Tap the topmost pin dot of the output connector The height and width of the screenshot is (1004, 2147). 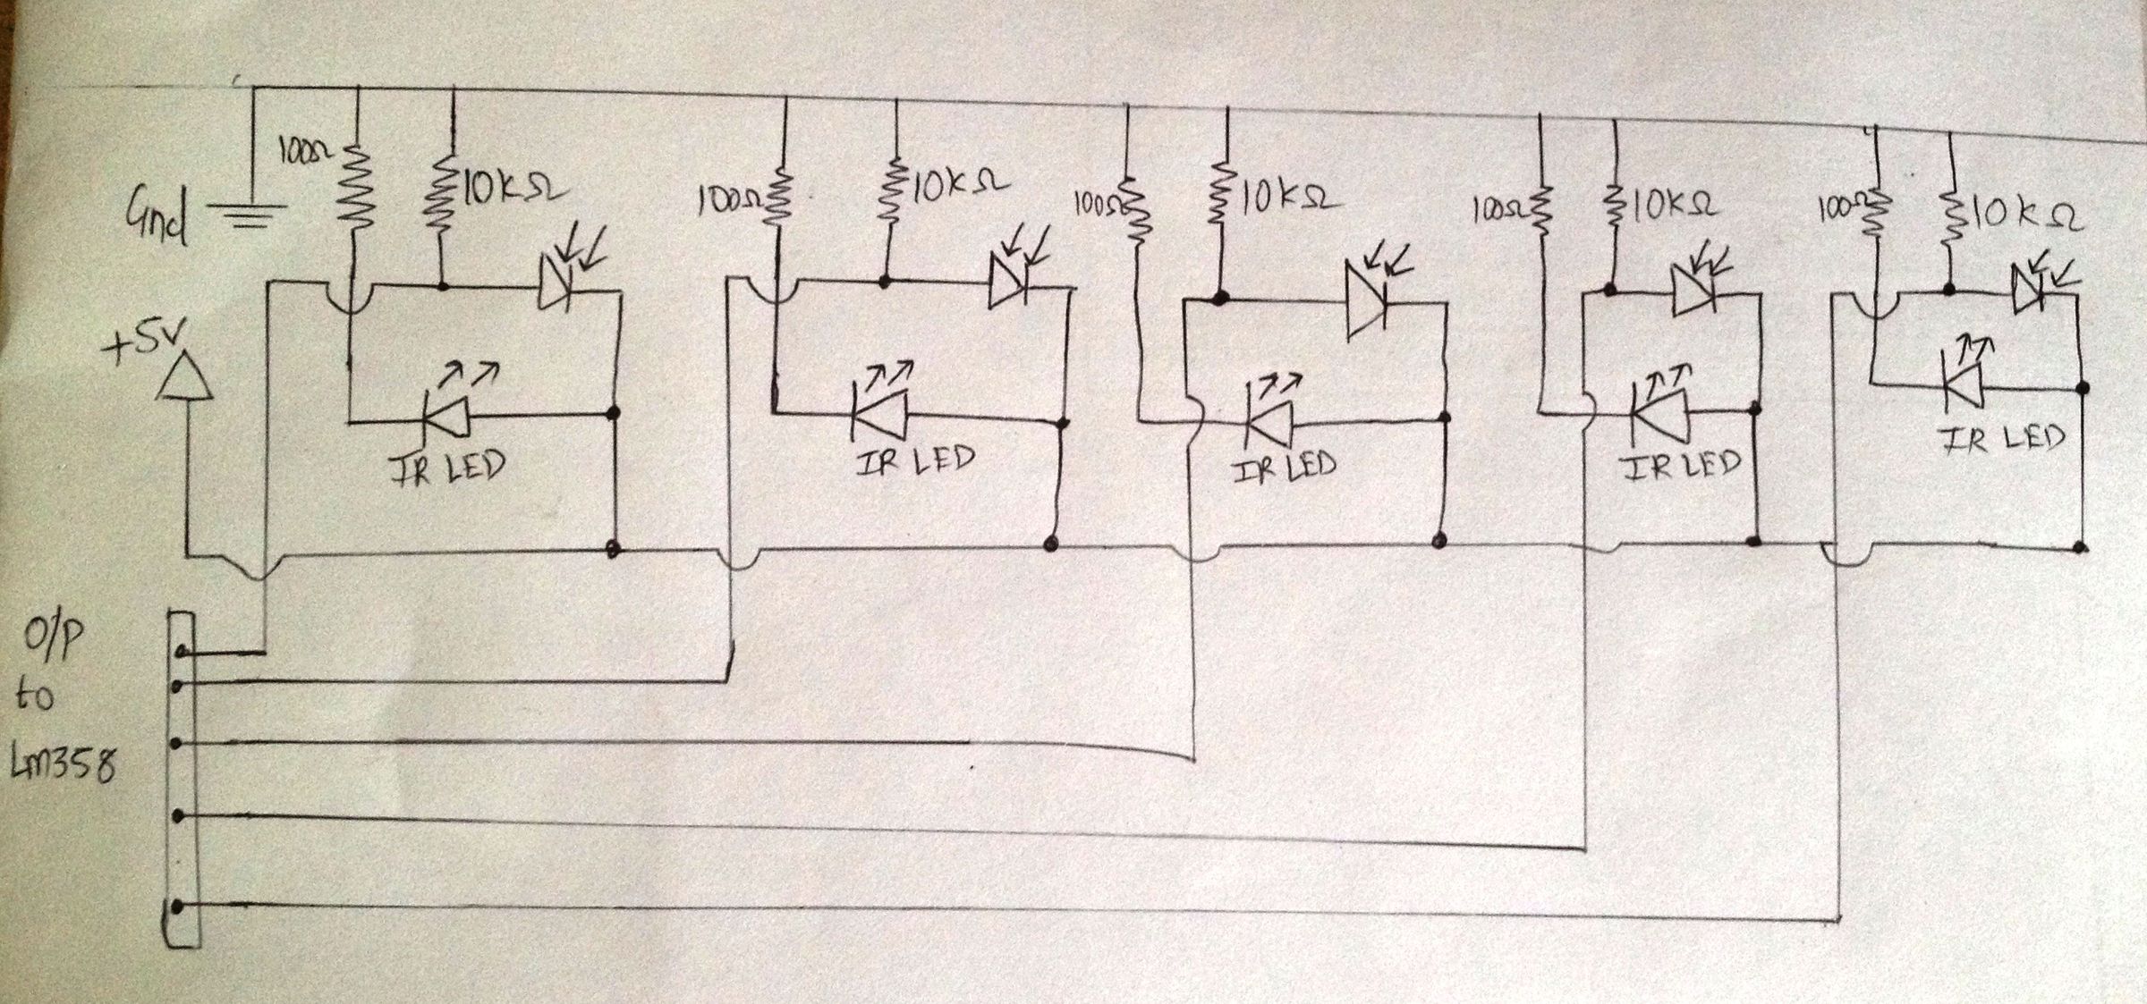tap(182, 652)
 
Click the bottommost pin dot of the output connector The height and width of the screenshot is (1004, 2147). tap(178, 907)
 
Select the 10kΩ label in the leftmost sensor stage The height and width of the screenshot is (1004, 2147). tap(513, 190)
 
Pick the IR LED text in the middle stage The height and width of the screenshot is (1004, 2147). tap(1285, 467)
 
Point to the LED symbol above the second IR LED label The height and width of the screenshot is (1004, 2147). tap(878, 413)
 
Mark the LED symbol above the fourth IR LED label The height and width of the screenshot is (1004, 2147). tap(1659, 411)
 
